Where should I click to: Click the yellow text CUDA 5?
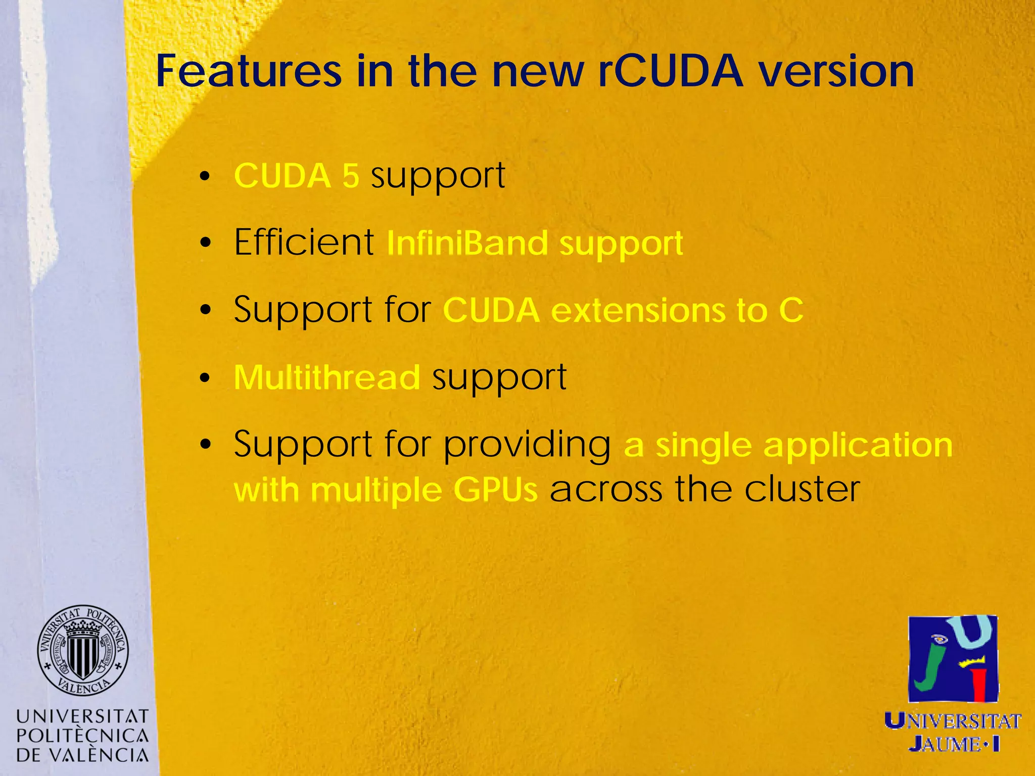click(x=297, y=176)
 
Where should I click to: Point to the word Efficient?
click(x=304, y=242)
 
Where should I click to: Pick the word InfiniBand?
click(x=467, y=243)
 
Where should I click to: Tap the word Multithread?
click(x=326, y=377)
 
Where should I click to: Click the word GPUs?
click(x=495, y=490)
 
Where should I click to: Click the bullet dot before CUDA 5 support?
click(x=204, y=177)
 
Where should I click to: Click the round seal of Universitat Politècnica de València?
click(x=83, y=650)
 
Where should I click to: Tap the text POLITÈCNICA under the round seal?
click(x=82, y=736)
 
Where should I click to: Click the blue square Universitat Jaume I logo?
click(x=953, y=659)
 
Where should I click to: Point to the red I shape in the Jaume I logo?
click(x=979, y=684)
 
